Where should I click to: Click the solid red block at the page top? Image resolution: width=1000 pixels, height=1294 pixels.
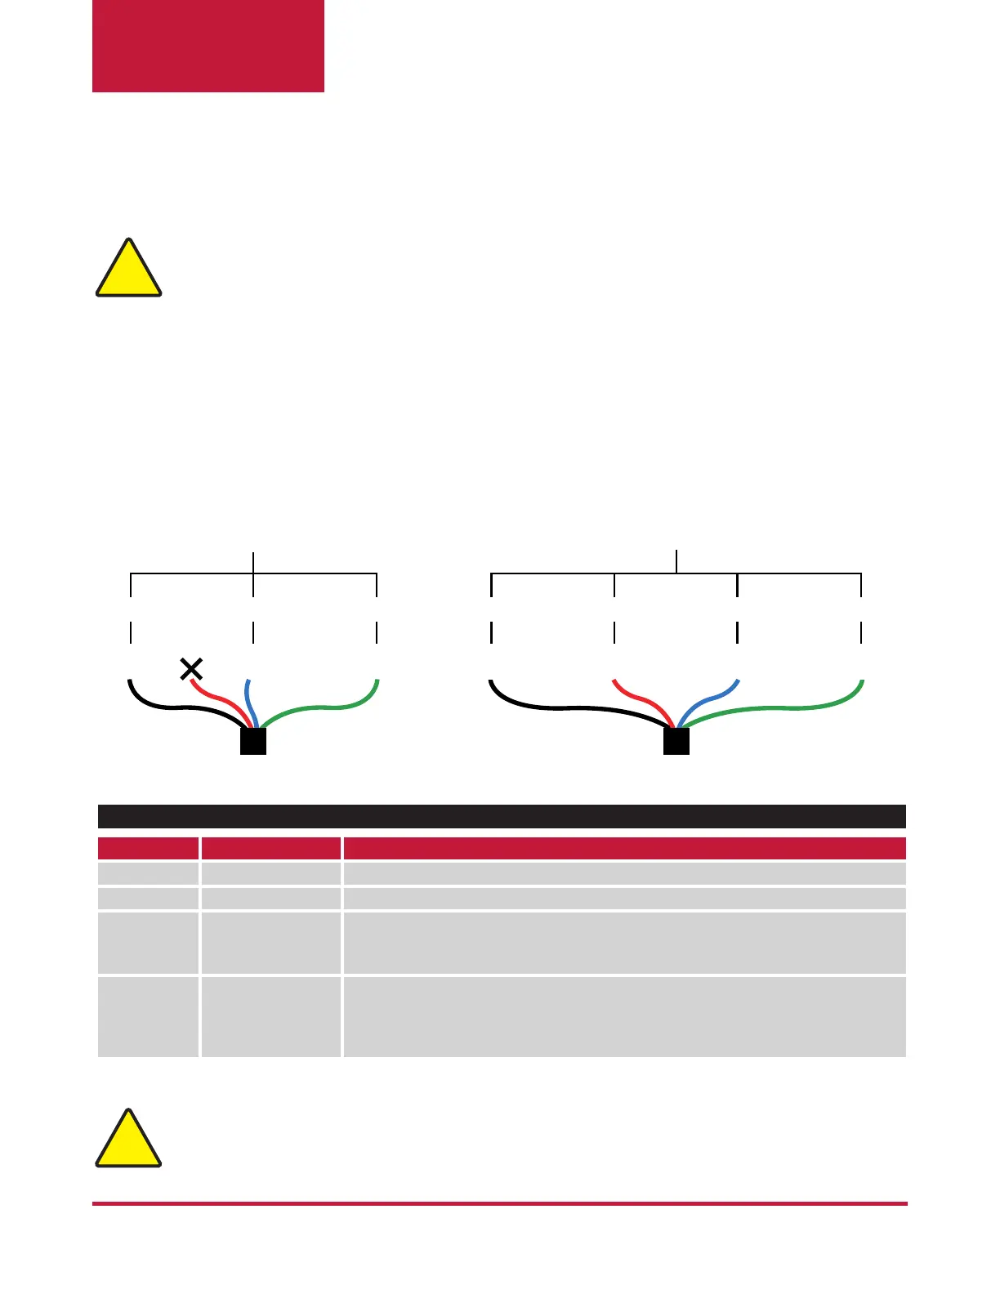[x=208, y=46]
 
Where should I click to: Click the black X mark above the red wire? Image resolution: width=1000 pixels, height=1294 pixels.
[x=191, y=670]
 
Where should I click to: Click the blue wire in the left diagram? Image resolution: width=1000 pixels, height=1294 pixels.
[x=250, y=703]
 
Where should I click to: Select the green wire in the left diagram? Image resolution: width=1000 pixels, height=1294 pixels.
[x=327, y=707]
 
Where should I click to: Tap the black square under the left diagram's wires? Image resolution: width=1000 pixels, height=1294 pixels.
[x=253, y=741]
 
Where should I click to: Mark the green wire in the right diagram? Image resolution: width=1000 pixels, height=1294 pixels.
[x=784, y=708]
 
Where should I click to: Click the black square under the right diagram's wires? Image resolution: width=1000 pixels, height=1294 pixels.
[x=676, y=741]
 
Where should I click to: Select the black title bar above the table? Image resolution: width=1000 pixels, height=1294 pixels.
[x=502, y=816]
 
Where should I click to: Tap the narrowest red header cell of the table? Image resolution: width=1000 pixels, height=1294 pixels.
[x=148, y=848]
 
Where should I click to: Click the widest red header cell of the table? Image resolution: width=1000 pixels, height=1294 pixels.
[x=624, y=848]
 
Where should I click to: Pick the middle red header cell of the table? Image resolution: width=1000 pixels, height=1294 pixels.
[x=270, y=848]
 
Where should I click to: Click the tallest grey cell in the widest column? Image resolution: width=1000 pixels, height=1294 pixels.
[x=624, y=1016]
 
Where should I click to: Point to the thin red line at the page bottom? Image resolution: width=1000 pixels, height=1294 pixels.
[x=500, y=1203]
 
